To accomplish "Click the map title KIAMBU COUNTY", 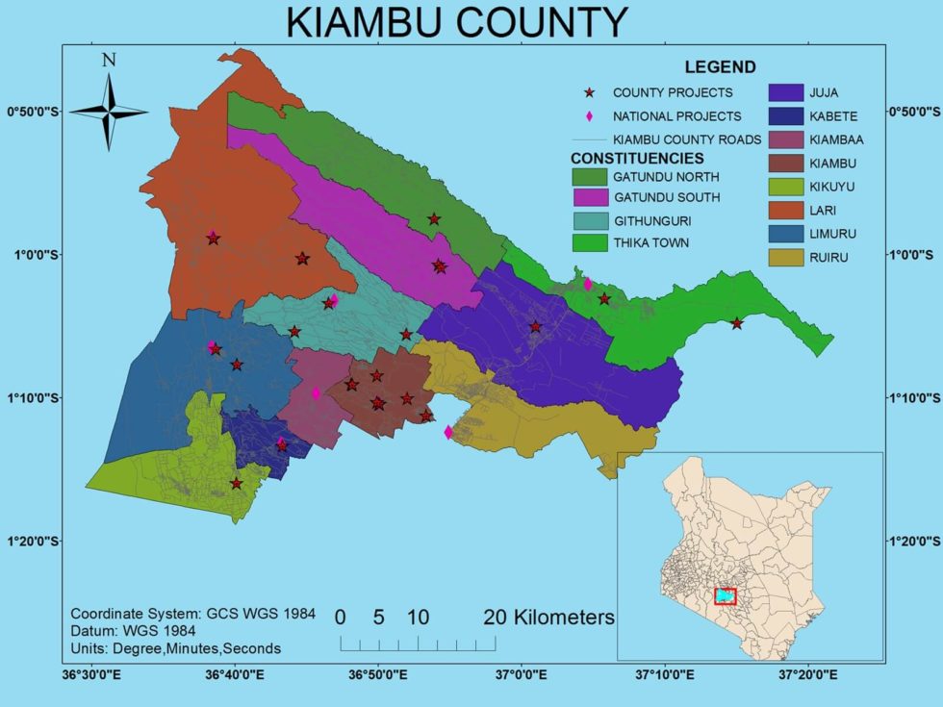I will tap(457, 23).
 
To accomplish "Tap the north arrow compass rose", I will tap(110, 112).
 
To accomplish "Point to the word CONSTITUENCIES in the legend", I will tap(637, 158).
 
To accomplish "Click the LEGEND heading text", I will tap(720, 67).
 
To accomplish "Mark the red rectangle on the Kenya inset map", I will tap(725, 596).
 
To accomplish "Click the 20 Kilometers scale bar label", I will tap(548, 617).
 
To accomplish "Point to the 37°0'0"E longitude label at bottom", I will tap(521, 675).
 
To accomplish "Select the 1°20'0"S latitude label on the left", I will tap(34, 541).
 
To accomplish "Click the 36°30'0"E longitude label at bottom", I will tap(91, 675).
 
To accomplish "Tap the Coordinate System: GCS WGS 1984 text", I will tap(192, 614).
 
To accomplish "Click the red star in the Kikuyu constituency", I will tap(236, 484).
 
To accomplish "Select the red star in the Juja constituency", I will tap(536, 328).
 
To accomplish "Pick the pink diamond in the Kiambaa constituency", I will tap(316, 393).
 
